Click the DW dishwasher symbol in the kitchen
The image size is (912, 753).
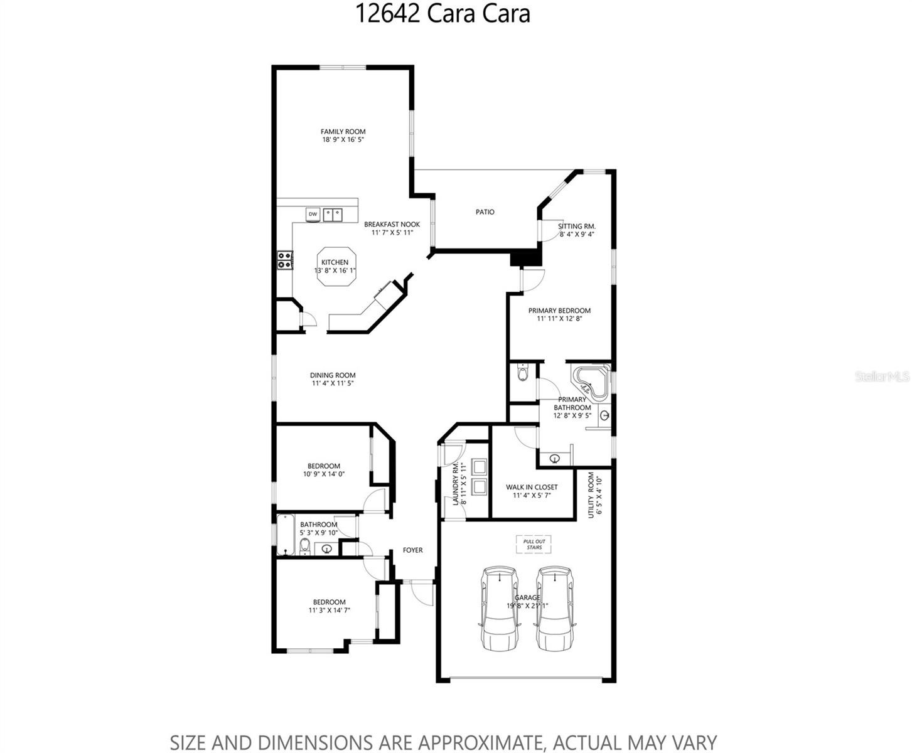313,215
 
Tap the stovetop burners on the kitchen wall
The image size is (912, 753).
285,260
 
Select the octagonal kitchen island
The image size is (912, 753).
336,267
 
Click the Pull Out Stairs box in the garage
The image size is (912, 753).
534,544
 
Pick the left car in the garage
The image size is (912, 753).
500,609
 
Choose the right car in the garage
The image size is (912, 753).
555,609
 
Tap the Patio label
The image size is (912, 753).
485,212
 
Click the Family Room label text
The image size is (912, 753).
343,132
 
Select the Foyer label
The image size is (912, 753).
413,550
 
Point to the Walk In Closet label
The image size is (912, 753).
532,487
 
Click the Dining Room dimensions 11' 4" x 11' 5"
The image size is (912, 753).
333,383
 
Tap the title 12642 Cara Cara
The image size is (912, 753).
443,13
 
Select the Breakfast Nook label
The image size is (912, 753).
392,225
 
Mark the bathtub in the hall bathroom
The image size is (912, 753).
285,535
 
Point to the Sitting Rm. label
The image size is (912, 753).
577,227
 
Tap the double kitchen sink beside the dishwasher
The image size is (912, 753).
333,215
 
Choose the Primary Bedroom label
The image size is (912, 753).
559,311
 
